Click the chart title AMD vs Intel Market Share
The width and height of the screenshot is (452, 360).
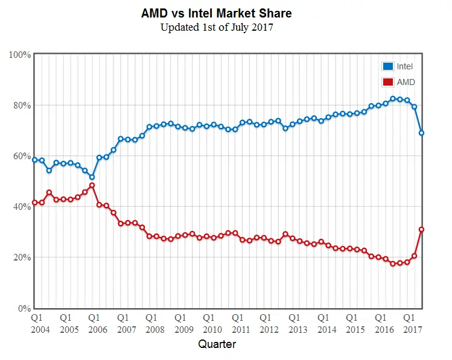(x=217, y=13)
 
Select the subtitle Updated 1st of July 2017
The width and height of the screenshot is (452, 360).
(x=217, y=28)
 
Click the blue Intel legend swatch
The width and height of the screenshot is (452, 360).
(x=387, y=66)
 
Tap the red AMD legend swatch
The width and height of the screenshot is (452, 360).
(x=387, y=82)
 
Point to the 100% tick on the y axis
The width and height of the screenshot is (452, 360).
(x=21, y=55)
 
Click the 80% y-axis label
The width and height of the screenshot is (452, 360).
(x=22, y=106)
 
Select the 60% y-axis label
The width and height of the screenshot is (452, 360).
(x=22, y=156)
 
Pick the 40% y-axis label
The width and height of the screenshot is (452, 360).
(x=22, y=207)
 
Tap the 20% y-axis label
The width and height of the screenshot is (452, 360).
(x=22, y=257)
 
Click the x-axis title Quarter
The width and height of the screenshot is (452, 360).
(x=217, y=344)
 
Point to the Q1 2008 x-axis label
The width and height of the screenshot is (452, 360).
(x=155, y=323)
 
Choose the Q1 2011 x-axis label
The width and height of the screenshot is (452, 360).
(x=241, y=323)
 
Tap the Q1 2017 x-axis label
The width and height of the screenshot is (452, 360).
(x=413, y=323)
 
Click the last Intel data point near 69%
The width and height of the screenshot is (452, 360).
(x=422, y=133)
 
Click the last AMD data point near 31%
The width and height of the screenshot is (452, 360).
(x=422, y=229)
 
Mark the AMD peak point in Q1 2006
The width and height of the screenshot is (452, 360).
(x=92, y=186)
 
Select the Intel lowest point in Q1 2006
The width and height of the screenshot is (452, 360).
(x=92, y=177)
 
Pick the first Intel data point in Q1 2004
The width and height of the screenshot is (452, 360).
(x=35, y=160)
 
